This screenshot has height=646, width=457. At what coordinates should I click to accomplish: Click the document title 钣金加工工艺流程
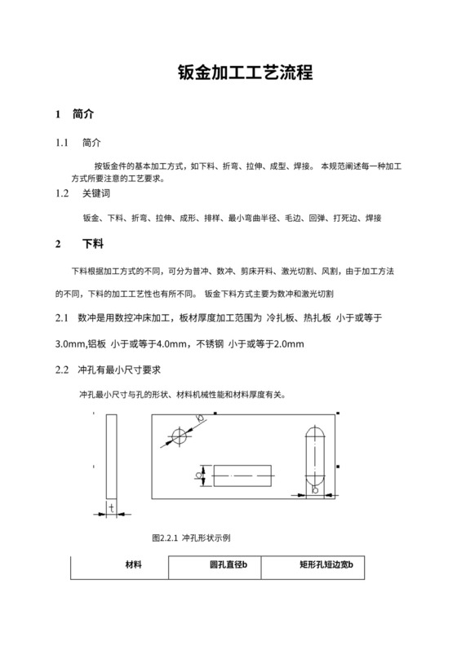click(245, 73)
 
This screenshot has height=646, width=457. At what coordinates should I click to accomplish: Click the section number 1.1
click(61, 143)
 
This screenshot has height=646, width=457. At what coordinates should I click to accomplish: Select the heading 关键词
click(95, 194)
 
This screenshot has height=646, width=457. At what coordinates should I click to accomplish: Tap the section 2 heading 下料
click(92, 244)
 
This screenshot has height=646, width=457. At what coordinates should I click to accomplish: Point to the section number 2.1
click(61, 317)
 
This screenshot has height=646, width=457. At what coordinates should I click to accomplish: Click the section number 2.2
click(61, 370)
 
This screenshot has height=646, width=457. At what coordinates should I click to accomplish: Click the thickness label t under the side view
click(110, 508)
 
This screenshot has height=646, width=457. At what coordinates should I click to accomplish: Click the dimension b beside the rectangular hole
click(200, 474)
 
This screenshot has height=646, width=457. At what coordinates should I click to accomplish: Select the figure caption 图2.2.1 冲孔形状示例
click(193, 538)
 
